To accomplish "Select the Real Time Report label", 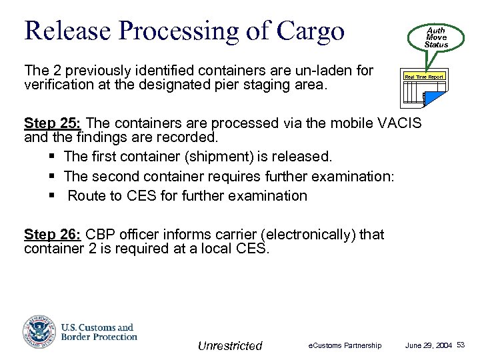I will (425, 77).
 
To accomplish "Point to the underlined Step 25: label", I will (53, 123).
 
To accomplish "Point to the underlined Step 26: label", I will (53, 235).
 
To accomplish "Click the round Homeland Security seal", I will (39, 331).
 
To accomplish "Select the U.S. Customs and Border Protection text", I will (99, 332).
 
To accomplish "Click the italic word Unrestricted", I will (230, 345).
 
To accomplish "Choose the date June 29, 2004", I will (429, 345).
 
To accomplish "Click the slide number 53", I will (461, 345).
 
